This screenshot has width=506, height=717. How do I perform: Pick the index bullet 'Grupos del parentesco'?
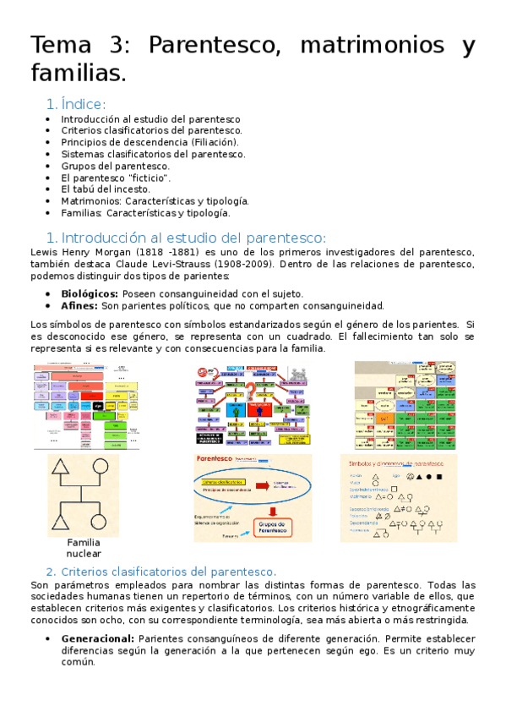[x=115, y=166]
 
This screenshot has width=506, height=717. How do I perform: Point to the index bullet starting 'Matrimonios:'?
[x=155, y=201]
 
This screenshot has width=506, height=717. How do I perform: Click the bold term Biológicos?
[x=90, y=293]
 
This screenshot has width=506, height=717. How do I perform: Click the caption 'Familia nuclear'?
[x=83, y=548]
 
